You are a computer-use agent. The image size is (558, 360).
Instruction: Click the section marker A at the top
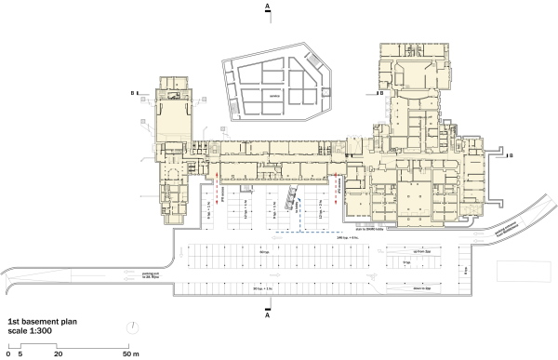[x=268, y=7]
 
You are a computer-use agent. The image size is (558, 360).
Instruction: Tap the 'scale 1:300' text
[x=29, y=327]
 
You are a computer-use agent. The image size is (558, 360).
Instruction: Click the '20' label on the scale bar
[x=59, y=354]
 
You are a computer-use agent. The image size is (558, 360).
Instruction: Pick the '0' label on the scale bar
[x=7, y=354]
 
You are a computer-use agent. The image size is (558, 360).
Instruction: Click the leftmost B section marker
[x=133, y=92]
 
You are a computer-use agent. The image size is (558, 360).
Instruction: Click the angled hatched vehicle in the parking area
[x=291, y=195]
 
